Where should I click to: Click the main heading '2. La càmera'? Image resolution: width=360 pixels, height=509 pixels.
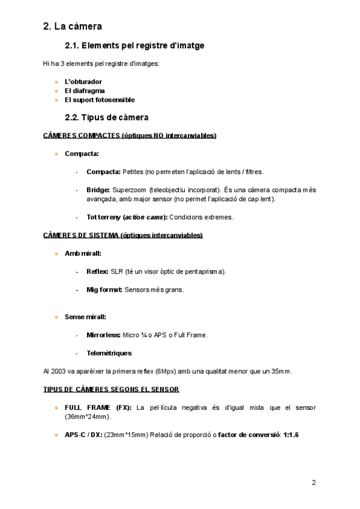coord(73,26)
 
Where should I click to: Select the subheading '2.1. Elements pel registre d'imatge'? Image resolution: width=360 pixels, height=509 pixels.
coord(134,45)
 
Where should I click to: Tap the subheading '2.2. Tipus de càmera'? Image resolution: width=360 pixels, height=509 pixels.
coord(106,117)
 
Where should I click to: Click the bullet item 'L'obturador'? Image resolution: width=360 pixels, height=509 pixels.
coord(83,81)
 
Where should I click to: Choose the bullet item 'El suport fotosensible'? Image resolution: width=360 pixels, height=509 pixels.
coord(100,100)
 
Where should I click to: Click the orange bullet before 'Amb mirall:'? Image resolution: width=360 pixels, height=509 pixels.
coord(56,253)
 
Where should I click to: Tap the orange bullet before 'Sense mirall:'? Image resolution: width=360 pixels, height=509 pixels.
coord(56,316)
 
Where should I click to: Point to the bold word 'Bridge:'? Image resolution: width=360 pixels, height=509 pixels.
coord(98,190)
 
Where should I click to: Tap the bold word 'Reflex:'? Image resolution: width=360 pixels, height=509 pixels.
coord(98,271)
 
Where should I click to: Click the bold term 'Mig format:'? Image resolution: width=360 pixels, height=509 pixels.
coord(104,290)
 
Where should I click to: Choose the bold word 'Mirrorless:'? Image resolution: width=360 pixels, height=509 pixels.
coord(104,335)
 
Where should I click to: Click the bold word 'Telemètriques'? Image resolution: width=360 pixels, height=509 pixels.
coord(109,353)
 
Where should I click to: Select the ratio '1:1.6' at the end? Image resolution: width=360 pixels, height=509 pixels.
coord(291,435)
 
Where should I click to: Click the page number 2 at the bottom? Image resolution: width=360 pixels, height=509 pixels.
coord(313,482)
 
